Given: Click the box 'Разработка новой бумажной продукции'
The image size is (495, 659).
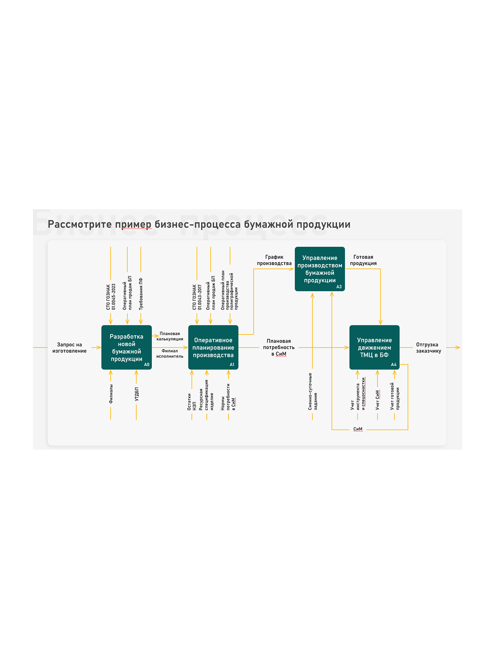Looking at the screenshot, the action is tap(127, 347).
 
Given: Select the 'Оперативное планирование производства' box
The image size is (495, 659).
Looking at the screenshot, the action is tap(213, 347).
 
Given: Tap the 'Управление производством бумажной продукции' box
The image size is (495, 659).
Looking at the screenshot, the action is tap(320, 269).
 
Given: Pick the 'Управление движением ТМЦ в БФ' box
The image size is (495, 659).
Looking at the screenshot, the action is tap(375, 347).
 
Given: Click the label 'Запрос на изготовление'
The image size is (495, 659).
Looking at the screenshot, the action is tap(69, 348).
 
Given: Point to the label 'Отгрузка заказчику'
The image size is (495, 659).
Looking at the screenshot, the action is tap(429, 348).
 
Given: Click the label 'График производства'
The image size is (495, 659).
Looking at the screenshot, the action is tap(274, 260).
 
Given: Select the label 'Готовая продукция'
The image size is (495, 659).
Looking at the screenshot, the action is tap(363, 260).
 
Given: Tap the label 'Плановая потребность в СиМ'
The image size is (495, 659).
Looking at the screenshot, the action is tap(278, 347).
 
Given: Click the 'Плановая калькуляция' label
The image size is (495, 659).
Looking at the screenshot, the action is tap(170, 336).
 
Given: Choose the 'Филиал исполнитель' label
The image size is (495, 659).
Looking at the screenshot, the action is tap(170, 353).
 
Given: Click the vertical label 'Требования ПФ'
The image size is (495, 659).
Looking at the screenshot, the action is tap(141, 294).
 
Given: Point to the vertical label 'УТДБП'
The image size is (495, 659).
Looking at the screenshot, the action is tap(137, 394).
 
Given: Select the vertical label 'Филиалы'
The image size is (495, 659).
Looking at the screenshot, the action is tap(111, 394).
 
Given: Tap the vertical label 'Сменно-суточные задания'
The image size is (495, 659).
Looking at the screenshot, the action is tap(313, 392).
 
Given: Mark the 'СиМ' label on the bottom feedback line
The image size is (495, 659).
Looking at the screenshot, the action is tap(358, 429).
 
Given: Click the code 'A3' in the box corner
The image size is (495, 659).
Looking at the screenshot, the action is tap(339, 287).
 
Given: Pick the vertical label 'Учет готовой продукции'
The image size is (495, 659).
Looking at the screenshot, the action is tap(395, 396).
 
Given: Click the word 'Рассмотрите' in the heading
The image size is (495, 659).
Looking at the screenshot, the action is tap(80, 224).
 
